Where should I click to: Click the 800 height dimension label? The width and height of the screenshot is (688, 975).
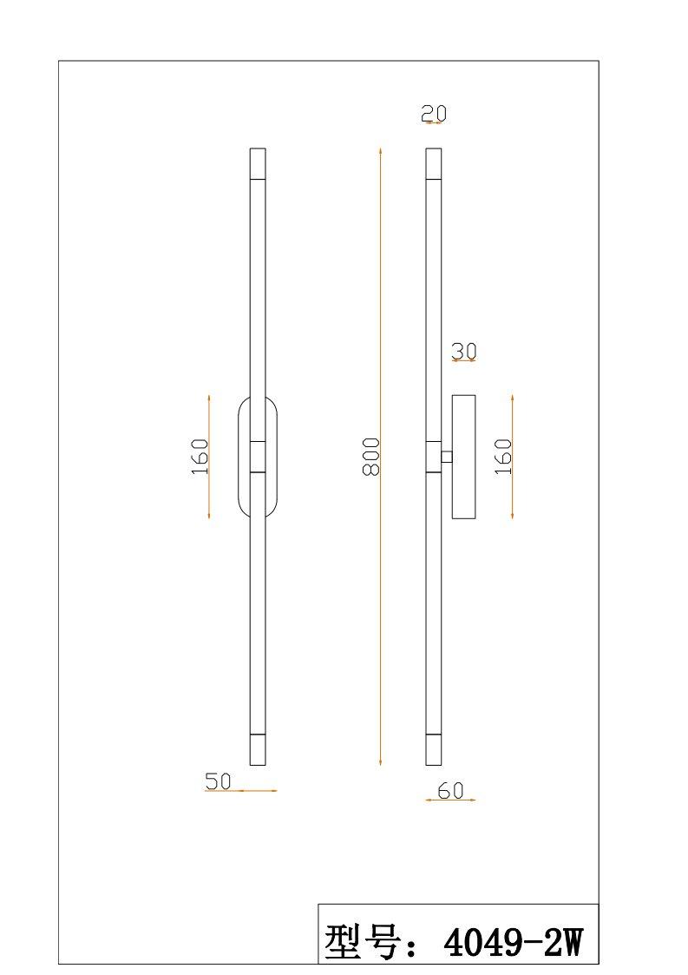pos(371,457)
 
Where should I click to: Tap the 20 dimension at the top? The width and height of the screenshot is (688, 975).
pos(434,113)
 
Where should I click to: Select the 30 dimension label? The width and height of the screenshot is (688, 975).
pos(464,352)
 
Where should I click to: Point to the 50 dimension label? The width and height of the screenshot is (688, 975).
pos(218,781)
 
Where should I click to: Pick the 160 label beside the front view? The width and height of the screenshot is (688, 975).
pos(200,457)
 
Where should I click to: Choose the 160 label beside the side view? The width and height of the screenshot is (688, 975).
pos(503,457)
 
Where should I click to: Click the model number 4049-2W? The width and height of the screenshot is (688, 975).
pos(513,943)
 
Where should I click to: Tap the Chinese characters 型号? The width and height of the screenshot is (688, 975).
pos(362,943)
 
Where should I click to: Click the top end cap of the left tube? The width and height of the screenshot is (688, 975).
pos(258,163)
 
